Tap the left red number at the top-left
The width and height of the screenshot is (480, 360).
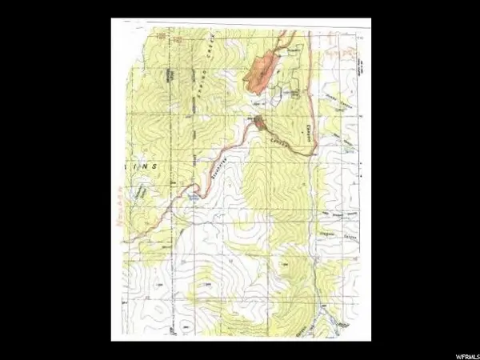click(159, 35)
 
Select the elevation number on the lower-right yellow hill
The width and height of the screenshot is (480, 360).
click(284, 262)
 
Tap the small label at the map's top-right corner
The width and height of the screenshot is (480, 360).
click(359, 38)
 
